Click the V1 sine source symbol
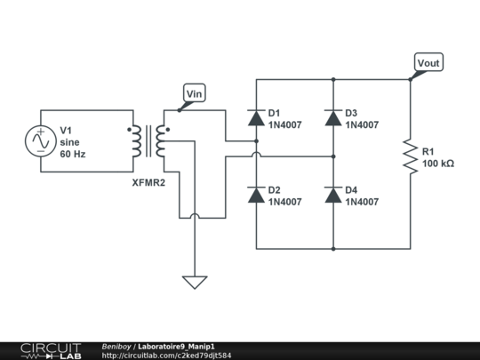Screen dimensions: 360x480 tap(41, 141)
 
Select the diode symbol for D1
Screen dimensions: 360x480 tap(257, 117)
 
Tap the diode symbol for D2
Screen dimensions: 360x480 tap(257, 195)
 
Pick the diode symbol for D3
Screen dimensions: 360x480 tap(333, 117)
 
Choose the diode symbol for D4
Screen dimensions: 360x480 tap(333, 195)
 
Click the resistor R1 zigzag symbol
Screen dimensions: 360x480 tap(410, 156)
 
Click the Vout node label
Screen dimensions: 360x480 tap(428, 63)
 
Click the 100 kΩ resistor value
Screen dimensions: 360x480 tap(438, 164)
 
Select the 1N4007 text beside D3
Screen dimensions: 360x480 tap(361, 125)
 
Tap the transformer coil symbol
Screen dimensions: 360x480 tap(148, 141)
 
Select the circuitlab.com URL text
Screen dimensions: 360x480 tap(167, 355)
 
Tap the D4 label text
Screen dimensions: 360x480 tap(351, 190)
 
